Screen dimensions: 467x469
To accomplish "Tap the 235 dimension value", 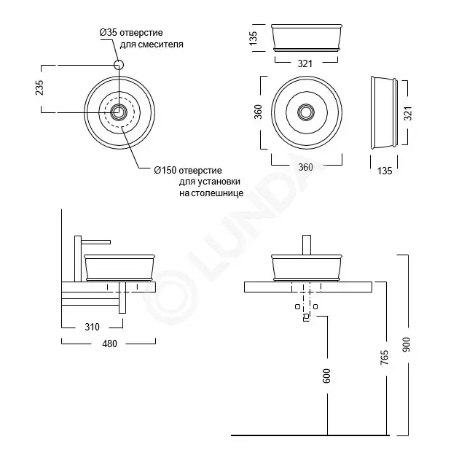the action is coord(40,88).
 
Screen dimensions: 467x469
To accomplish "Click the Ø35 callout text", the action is coord(141,38).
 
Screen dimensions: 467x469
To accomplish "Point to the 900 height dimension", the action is coord(407,344).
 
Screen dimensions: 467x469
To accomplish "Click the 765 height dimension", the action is coord(385,357).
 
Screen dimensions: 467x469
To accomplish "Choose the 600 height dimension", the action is coord(327,376).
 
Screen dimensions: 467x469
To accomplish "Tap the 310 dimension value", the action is coord(92,327).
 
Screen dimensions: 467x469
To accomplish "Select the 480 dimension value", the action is coord(109,344).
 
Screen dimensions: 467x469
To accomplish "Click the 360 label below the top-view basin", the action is coord(305,167).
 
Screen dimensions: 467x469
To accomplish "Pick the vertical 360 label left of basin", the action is coord(258,112).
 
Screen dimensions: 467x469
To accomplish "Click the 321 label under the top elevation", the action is coord(305,63).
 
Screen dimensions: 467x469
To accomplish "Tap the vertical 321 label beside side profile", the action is coord(409,113).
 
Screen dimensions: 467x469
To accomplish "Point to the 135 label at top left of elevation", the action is coord(253,38).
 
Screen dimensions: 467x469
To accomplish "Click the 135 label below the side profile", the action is coord(385,171).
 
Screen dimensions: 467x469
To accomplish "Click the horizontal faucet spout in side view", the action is coord(96,241).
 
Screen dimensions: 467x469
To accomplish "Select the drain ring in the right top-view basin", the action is coord(306,112).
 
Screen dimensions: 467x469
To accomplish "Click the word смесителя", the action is coord(152,44).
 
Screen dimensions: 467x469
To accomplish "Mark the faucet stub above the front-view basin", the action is coord(307,245).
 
